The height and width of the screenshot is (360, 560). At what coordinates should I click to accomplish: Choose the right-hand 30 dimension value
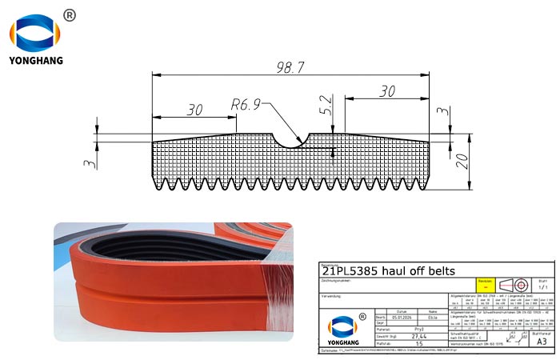coord(387,91)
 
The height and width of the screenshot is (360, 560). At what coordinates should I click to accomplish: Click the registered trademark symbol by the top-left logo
coord(69,15)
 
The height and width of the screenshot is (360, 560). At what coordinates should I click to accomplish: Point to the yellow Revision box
coord(482,284)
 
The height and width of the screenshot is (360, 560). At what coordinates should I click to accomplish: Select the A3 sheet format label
coord(542,340)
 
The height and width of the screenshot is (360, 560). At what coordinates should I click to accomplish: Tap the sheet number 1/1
coord(542,286)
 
